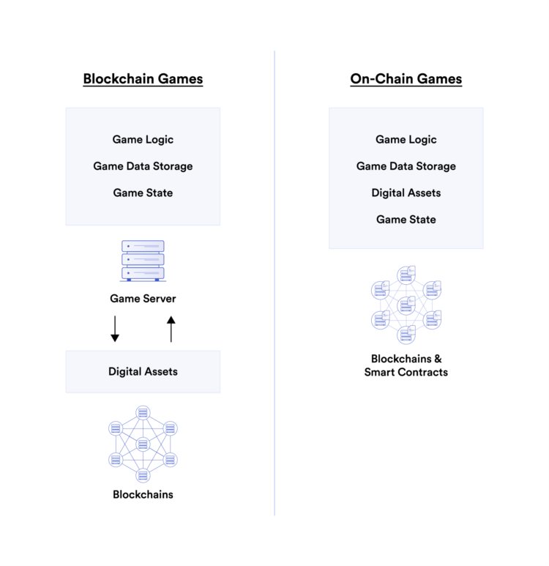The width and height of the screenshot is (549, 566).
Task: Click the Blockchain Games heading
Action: click(x=143, y=79)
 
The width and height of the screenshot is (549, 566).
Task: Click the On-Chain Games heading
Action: click(x=406, y=79)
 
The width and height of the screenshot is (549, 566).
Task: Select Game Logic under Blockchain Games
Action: click(x=143, y=139)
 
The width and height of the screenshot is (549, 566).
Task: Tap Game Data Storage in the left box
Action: click(x=143, y=166)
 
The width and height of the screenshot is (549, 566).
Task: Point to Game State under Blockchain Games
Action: click(x=143, y=193)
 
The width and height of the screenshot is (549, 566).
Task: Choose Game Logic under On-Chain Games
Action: click(x=406, y=139)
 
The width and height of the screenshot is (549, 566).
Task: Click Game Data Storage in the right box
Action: click(x=406, y=166)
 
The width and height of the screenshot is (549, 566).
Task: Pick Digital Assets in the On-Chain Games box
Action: click(x=406, y=193)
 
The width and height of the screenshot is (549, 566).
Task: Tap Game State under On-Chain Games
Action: click(x=406, y=220)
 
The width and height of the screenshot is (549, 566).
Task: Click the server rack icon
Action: click(x=143, y=261)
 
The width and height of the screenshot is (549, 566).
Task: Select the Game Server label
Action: click(x=143, y=299)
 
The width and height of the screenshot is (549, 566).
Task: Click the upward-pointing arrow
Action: click(x=171, y=329)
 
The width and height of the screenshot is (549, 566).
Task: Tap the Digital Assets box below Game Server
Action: click(x=143, y=371)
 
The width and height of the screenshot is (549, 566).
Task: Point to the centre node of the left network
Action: click(x=143, y=444)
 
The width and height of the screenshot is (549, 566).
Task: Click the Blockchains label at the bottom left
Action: click(x=143, y=494)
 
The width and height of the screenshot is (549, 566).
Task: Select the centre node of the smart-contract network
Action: click(x=406, y=305)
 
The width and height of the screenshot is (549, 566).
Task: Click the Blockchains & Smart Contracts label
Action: click(x=406, y=365)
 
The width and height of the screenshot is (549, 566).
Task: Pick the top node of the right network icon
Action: click(x=406, y=275)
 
